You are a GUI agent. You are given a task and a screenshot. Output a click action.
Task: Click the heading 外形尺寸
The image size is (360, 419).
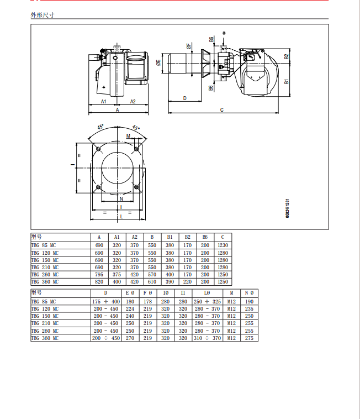pyautogui.click(x=43, y=15)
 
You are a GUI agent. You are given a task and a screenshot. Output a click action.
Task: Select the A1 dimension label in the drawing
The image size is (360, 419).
pyautogui.click(x=104, y=102)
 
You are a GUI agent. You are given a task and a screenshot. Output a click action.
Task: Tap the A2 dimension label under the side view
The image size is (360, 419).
pyautogui.click(x=133, y=102)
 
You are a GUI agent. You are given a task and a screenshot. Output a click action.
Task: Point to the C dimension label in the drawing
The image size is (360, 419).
pyautogui.click(x=222, y=110)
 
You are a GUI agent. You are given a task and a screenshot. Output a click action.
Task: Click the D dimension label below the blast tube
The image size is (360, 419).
pyautogui.click(x=184, y=98)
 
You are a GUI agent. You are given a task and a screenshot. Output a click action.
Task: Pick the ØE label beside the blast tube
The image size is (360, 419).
pyautogui.click(x=158, y=63)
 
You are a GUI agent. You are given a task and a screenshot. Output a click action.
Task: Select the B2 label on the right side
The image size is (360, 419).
pyautogui.click(x=287, y=56)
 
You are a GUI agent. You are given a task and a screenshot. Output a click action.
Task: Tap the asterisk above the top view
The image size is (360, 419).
pyautogui.click(x=224, y=34)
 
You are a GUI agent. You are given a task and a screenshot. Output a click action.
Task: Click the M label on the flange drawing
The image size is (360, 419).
pyautogui.click(x=128, y=136)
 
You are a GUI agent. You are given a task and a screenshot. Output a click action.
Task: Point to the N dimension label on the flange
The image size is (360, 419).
pyautogui.click(x=121, y=199)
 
